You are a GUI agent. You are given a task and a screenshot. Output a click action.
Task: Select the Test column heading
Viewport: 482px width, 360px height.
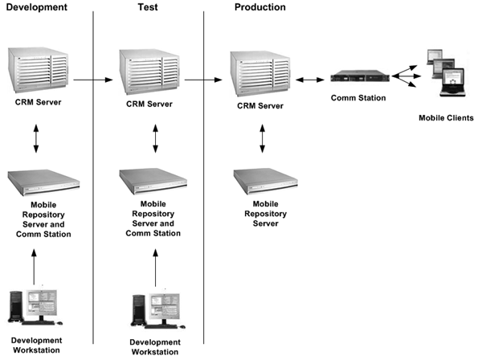point(146,7)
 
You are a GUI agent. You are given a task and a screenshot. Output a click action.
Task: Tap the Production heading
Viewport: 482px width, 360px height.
point(260,7)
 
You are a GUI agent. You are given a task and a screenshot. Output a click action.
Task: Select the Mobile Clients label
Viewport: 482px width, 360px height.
point(447,118)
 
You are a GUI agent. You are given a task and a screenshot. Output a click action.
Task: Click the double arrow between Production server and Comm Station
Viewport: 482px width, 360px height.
point(308,80)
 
